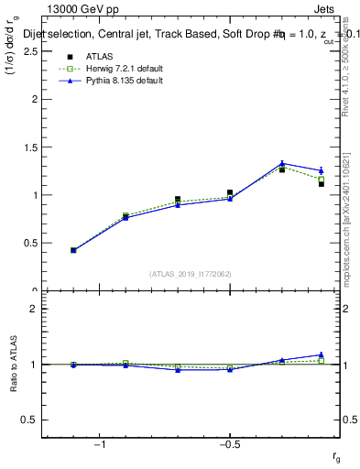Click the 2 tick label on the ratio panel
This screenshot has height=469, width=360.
pos(32,309)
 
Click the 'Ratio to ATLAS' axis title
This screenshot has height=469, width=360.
pos(14,366)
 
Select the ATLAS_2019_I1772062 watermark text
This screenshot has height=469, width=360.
pos(191,273)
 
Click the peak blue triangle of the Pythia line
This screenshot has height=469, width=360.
pos(282,164)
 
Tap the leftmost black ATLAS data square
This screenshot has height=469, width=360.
pos(73,250)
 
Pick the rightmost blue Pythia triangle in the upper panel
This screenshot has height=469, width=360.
pos(322,170)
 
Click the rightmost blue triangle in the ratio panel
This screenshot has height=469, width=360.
pos(322,354)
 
